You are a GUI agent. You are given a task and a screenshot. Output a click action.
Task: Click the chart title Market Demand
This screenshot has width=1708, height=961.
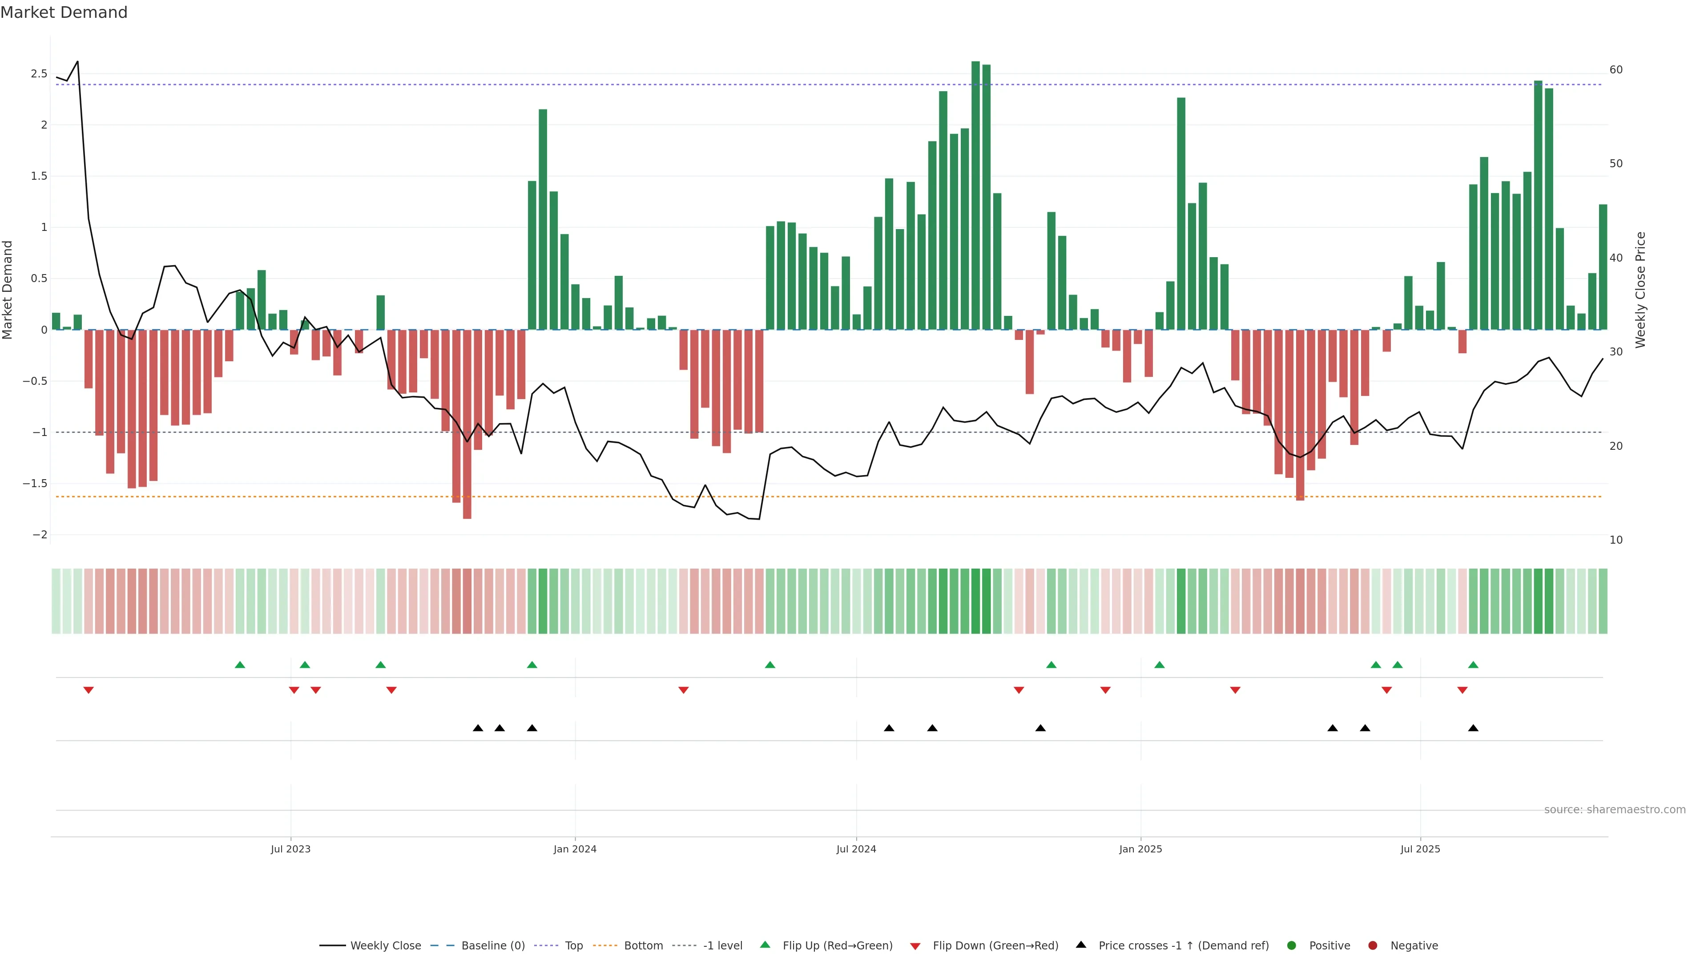point(64,12)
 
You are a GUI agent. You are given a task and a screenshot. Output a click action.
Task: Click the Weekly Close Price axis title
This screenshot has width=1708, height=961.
point(1640,290)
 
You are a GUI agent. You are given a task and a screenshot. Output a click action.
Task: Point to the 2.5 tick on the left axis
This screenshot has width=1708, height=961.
point(39,73)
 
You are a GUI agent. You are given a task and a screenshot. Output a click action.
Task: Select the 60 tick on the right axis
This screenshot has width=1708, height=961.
point(1616,70)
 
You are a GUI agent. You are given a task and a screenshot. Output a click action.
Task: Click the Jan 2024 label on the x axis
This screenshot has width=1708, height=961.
point(575,849)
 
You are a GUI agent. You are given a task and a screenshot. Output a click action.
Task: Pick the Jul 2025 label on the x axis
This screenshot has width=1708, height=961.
point(1420,849)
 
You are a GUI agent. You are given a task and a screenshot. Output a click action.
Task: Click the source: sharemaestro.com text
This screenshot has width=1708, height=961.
point(1615,810)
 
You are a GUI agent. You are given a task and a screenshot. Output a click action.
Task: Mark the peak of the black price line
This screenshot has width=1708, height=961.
point(77,62)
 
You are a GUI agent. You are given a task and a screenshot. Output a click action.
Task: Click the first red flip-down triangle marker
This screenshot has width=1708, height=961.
point(88,690)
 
